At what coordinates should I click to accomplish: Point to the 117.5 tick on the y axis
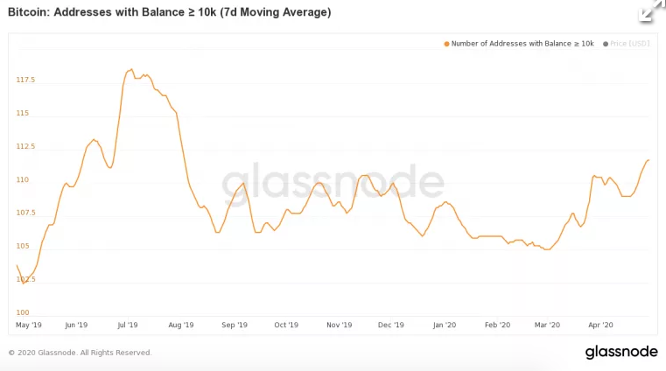coord(25,80)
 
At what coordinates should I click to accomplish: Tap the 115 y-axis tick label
coord(23,113)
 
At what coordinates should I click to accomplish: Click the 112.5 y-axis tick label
coord(25,146)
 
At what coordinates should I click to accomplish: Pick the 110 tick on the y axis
coord(23,179)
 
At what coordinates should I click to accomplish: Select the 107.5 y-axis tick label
coord(25,213)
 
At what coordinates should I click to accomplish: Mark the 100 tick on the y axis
coord(23,312)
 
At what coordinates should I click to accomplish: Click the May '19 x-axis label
coord(30,325)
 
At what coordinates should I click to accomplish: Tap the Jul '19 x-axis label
coord(128,325)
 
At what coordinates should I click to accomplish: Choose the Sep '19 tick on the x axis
coord(234,325)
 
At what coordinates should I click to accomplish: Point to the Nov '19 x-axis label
coord(339,325)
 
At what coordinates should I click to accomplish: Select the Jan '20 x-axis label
coord(445,325)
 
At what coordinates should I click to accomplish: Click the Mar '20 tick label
coord(547,325)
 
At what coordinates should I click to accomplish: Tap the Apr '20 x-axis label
coord(600,325)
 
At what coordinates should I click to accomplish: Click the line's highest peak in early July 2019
coord(130,69)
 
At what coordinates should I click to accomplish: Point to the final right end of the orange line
coord(648,160)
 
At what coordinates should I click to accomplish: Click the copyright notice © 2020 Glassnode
coord(80,353)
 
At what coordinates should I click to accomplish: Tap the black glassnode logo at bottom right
coord(620,352)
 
